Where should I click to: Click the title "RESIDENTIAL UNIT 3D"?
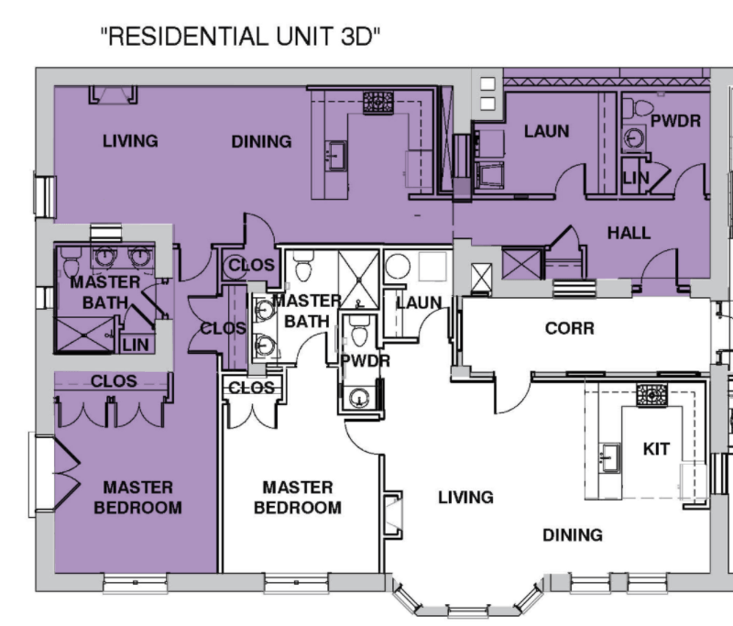[x=240, y=37]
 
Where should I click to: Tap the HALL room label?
[x=629, y=233]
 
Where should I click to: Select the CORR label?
[x=570, y=328]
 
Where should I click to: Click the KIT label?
[x=656, y=449]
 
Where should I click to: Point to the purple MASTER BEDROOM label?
[x=138, y=498]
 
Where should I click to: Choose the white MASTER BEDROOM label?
[x=298, y=498]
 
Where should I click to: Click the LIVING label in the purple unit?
[x=130, y=141]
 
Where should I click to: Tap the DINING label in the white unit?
[x=573, y=535]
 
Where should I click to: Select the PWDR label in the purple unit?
[x=676, y=121]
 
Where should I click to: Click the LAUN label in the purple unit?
[x=546, y=131]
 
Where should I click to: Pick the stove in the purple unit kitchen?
[x=378, y=103]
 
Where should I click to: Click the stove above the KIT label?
[x=651, y=396]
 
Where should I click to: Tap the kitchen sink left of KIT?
[x=609, y=456]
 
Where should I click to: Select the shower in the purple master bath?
[x=84, y=335]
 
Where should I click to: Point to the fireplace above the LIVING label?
[x=113, y=95]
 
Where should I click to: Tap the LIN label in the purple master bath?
[x=136, y=345]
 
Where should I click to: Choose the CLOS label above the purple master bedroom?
[x=114, y=381]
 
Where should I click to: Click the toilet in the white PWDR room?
[x=359, y=331]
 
